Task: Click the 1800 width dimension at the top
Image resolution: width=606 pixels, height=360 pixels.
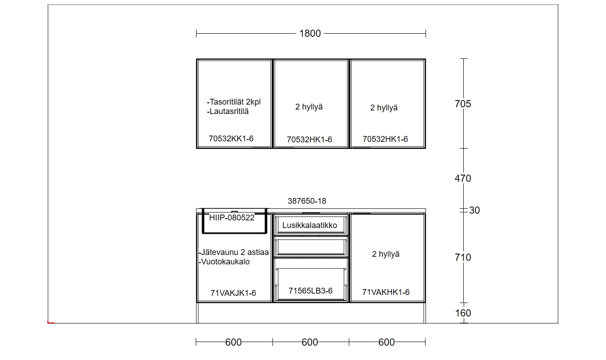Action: click(310, 34)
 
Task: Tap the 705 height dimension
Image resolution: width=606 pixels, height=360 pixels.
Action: click(463, 104)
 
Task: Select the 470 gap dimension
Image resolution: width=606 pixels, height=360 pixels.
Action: click(463, 179)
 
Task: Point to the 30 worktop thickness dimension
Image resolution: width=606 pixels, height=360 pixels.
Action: click(474, 211)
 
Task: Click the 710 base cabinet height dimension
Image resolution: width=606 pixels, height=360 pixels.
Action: click(463, 258)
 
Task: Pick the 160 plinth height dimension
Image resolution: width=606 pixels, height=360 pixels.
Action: click(463, 313)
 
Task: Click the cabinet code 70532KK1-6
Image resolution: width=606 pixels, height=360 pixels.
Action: click(231, 139)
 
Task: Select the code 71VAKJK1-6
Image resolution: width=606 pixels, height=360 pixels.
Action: click(233, 293)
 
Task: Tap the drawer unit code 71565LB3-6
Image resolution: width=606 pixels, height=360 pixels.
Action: click(311, 291)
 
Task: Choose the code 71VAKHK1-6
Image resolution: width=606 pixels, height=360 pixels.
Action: click(386, 292)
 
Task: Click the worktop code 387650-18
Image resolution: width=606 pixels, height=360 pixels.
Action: click(307, 201)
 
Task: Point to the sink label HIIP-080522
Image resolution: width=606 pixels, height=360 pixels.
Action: click(232, 218)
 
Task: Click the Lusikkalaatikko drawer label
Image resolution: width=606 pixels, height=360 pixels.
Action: click(310, 225)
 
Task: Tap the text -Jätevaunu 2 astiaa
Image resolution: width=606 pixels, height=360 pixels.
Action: click(234, 252)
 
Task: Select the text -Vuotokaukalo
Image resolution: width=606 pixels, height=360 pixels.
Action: click(224, 262)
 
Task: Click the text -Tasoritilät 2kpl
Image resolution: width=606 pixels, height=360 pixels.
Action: click(234, 102)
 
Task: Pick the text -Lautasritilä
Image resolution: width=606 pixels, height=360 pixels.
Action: click(228, 111)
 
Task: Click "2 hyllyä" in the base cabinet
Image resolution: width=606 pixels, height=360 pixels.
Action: click(386, 254)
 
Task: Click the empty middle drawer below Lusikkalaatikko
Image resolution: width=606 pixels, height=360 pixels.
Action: click(311, 247)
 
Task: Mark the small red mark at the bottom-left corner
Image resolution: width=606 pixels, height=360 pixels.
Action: click(51, 322)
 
